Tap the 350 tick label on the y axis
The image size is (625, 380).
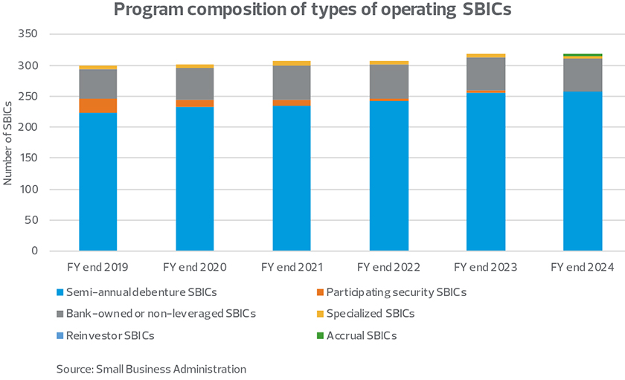[x=28, y=35]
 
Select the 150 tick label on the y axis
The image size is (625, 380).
[x=28, y=158]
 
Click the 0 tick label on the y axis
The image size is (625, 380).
[x=33, y=251]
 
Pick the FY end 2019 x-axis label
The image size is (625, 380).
[x=98, y=266]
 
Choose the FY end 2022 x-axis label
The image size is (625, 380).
[x=388, y=266]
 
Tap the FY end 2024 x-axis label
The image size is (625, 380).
[x=582, y=266]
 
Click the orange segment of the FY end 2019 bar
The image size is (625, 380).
[x=98, y=106]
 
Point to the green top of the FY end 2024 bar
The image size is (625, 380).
[x=582, y=55]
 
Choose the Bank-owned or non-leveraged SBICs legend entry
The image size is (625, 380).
[x=161, y=314]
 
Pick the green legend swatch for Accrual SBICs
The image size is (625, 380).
[x=319, y=335]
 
